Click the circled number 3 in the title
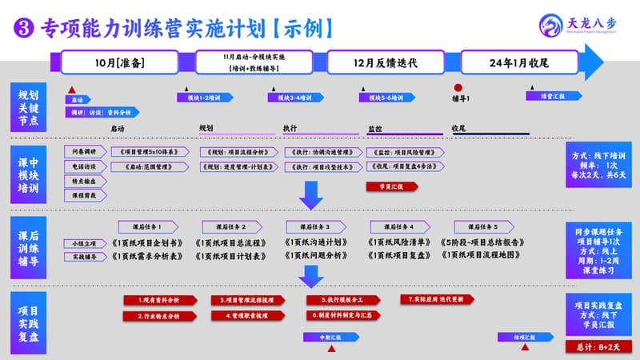tap(23, 29)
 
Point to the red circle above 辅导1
tap(458, 88)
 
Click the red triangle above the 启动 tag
tap(72, 90)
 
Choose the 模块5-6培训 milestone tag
tap(386, 98)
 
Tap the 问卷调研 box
tap(85, 151)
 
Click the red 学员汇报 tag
tap(391, 186)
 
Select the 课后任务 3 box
tap(317, 226)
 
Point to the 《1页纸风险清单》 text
tap(399, 242)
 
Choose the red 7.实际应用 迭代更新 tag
tap(435, 299)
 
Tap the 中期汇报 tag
tap(331, 338)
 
